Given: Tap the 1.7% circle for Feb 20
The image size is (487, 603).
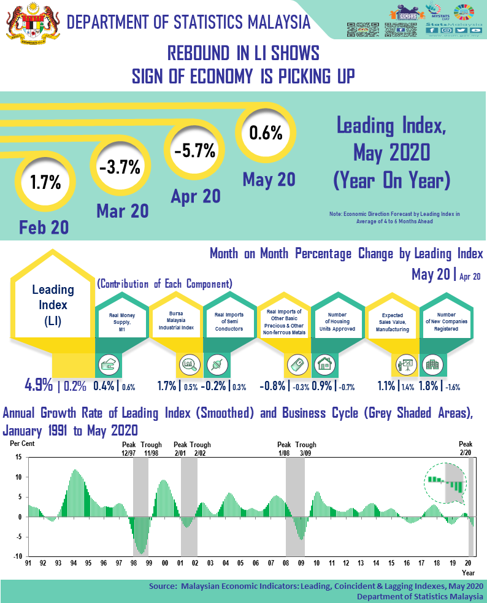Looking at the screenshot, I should tap(45, 182).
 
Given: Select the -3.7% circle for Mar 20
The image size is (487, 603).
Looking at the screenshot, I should tap(119, 166).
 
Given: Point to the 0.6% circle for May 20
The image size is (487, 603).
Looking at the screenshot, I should tap(266, 132).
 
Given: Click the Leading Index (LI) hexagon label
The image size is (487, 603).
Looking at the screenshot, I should tap(52, 305).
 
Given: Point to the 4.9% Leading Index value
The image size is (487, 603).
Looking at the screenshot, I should tap(38, 385).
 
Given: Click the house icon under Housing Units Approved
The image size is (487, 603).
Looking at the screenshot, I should tap(323, 364).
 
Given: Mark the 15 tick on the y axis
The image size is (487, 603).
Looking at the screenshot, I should tap(18, 457).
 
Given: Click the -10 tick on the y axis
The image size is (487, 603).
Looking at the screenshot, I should tap(18, 557).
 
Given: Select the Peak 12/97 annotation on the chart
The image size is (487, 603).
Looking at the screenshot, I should tap(129, 448).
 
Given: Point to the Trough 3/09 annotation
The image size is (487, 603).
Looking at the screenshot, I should tap(305, 448).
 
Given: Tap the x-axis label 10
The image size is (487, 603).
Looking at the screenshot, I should tap(316, 563).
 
